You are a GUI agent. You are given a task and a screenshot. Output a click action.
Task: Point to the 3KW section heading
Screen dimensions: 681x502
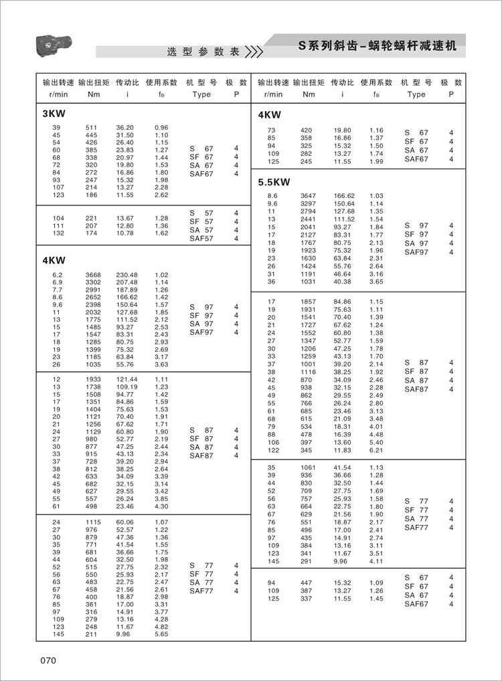point(54,113)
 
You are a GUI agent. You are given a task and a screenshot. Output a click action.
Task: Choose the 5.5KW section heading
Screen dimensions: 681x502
point(274,181)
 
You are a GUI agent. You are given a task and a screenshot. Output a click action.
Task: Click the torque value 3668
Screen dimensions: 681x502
point(92,275)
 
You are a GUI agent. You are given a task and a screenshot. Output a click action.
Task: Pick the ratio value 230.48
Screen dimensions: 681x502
point(127,275)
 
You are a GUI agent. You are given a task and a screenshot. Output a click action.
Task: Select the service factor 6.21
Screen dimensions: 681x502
point(376,451)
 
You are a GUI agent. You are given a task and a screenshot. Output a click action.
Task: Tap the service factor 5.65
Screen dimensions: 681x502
point(161,634)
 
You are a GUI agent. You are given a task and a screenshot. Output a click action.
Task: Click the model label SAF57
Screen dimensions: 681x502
point(201,238)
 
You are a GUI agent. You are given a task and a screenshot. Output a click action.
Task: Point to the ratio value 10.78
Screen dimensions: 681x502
point(125,233)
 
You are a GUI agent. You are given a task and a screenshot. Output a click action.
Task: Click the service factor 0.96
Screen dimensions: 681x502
point(161,127)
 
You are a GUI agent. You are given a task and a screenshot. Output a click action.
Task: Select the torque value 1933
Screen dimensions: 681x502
point(92,379)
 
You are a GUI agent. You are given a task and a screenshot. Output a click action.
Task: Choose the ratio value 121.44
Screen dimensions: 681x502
point(127,379)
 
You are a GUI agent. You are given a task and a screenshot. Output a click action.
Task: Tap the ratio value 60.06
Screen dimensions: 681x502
point(125,522)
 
